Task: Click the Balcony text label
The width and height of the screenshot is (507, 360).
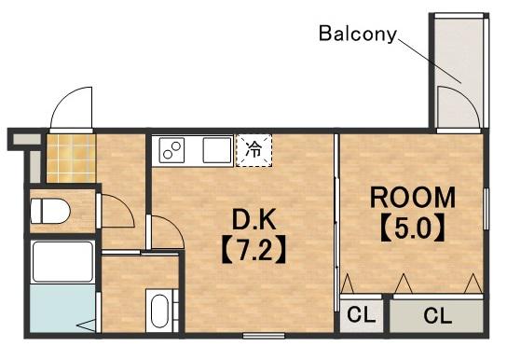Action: tap(358, 34)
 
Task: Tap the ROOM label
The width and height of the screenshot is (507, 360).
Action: tap(413, 198)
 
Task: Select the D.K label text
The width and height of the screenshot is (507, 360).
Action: tap(254, 219)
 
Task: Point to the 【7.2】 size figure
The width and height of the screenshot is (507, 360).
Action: tap(254, 249)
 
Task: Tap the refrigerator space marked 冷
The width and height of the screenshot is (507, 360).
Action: tap(253, 151)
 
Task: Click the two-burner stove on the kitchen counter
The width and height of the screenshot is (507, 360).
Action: tap(171, 150)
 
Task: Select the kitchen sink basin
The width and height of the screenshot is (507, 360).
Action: tap(217, 150)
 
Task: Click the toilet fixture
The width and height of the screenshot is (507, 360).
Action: tap(50, 211)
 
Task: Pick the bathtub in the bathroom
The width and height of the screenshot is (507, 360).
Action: tap(63, 262)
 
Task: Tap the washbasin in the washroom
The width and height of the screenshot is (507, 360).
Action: tap(159, 311)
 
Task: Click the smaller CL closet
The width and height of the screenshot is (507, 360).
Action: tap(362, 315)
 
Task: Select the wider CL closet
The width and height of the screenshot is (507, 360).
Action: tap(437, 315)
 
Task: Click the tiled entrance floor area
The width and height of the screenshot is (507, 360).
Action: tap(71, 159)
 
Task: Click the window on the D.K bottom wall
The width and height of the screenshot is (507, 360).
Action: tap(264, 336)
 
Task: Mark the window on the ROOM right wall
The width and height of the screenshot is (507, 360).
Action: tap(486, 209)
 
